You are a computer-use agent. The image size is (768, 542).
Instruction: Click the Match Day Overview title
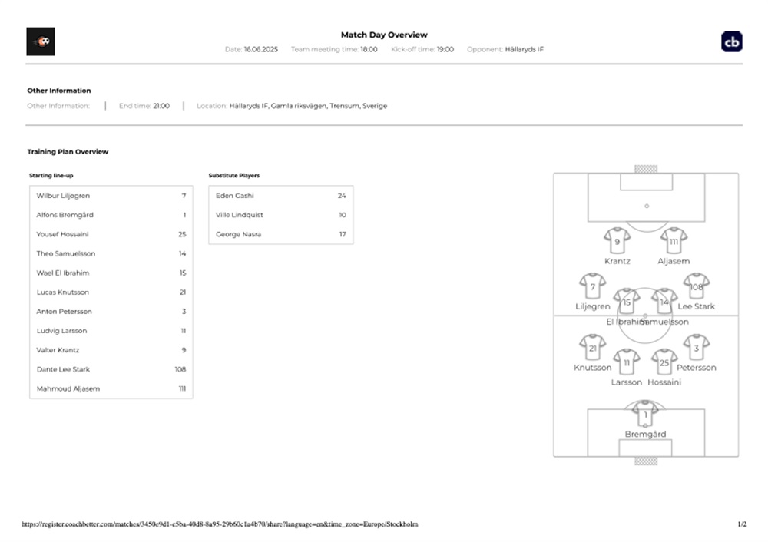384,35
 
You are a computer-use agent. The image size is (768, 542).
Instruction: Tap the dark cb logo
732,41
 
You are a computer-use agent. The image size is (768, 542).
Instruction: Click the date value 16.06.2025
261,49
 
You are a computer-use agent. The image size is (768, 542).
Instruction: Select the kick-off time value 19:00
445,49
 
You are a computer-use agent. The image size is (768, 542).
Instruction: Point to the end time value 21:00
161,106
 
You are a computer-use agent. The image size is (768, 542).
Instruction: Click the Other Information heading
59,91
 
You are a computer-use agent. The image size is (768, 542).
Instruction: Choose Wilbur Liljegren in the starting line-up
63,196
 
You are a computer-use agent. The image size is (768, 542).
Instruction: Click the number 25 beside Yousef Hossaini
182,234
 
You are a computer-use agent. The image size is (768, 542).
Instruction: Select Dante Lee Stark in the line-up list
63,370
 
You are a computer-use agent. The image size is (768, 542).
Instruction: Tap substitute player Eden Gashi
234,196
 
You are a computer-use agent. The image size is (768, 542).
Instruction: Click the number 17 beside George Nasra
343,234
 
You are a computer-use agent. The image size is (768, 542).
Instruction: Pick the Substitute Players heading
234,175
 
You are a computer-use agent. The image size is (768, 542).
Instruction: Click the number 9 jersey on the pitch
617,240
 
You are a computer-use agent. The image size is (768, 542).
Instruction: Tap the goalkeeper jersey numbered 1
645,415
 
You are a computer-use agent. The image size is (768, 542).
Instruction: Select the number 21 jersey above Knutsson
593,348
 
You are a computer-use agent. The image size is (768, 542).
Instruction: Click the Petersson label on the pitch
696,368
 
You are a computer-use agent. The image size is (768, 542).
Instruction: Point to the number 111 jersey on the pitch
674,240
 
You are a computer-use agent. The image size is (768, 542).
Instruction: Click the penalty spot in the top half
647,206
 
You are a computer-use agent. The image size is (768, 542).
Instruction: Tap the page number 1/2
742,524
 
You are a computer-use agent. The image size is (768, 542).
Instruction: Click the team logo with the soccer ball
41,41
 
